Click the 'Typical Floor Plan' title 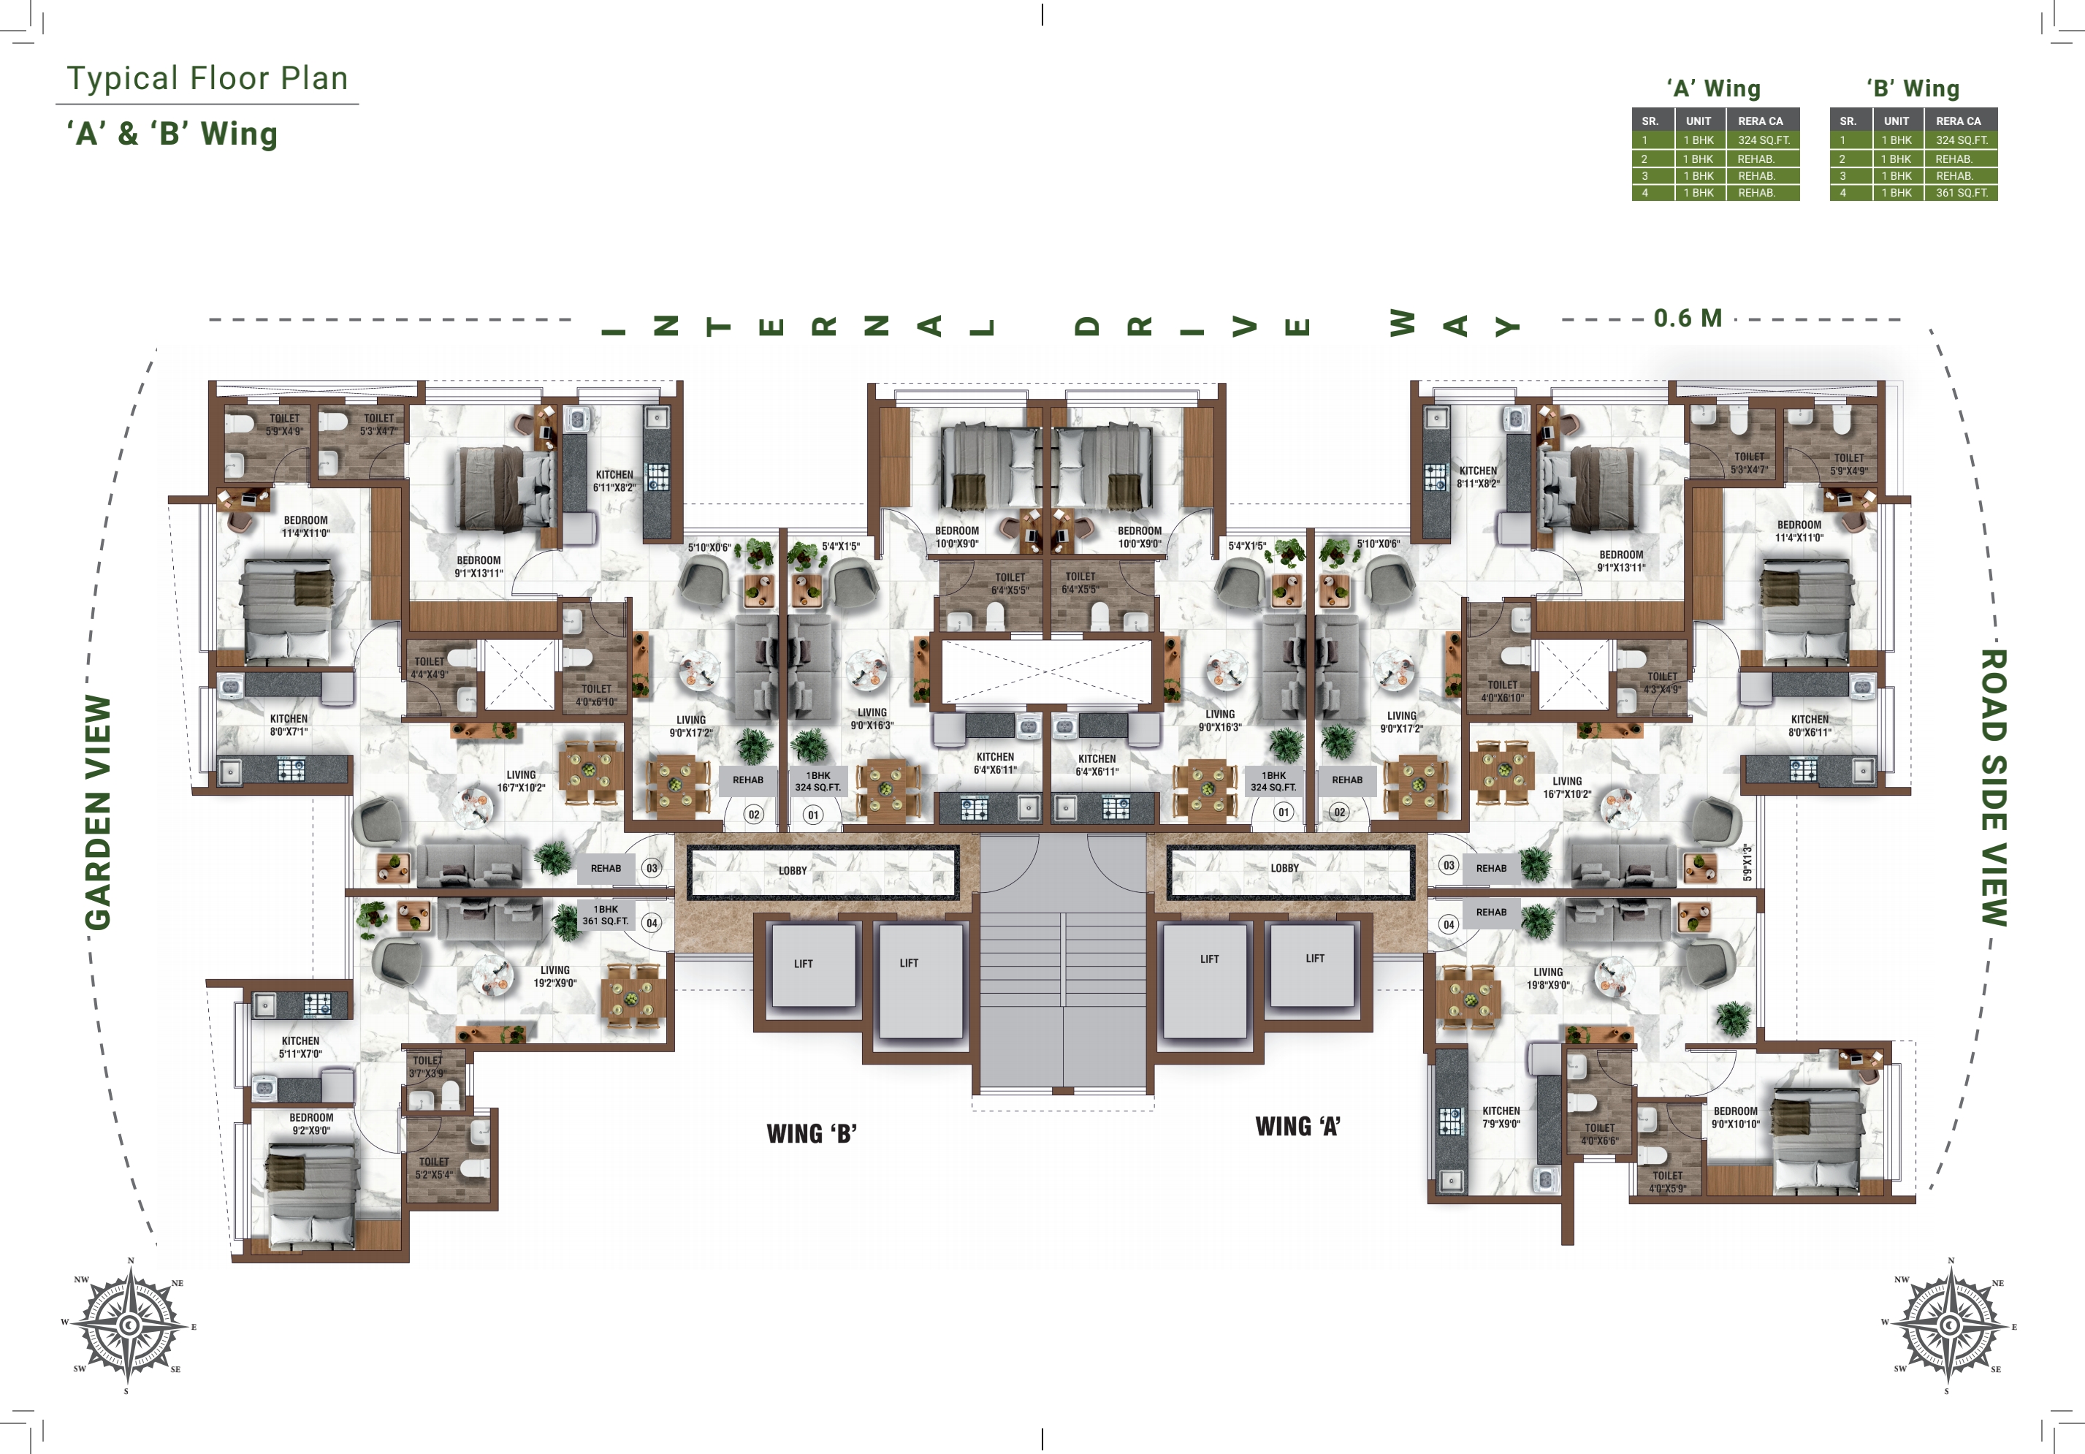[x=207, y=78]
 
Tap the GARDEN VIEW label [x=98, y=812]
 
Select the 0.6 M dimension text [x=1688, y=319]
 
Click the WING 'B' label [x=811, y=1133]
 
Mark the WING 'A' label [x=1297, y=1126]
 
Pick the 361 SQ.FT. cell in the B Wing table [x=1962, y=193]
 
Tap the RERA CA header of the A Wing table [x=1760, y=121]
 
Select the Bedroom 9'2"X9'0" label [x=310, y=1124]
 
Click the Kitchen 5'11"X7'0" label [x=300, y=1047]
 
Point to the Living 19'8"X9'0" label [x=1548, y=978]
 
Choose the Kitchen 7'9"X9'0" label [x=1501, y=1117]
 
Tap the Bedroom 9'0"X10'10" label [x=1735, y=1117]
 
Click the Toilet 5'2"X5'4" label [x=434, y=1168]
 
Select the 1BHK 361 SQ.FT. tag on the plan [x=606, y=915]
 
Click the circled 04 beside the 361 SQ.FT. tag [x=652, y=923]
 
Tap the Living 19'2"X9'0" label [x=554, y=976]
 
